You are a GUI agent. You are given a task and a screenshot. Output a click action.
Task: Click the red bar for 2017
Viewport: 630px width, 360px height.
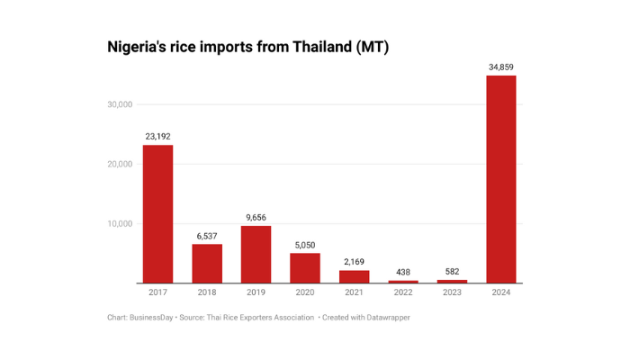coord(157,214)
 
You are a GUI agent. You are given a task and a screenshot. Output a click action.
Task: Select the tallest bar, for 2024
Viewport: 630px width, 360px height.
coord(501,179)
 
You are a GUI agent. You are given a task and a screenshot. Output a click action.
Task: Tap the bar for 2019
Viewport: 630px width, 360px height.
coord(256,254)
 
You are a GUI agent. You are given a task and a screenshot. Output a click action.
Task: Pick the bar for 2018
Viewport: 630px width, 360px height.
coord(207,264)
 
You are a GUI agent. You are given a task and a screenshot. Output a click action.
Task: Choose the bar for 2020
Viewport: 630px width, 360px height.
coord(304,268)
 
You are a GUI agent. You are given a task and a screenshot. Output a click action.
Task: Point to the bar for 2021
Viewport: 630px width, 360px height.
coord(354,276)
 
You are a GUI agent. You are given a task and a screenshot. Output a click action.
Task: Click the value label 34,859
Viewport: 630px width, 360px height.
coord(501,67)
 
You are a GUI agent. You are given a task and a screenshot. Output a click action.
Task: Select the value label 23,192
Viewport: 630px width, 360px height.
coord(157,137)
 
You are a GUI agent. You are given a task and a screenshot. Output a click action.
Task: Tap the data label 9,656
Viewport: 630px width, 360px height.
coord(256,217)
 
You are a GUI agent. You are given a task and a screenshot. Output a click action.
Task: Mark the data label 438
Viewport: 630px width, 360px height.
coord(403,272)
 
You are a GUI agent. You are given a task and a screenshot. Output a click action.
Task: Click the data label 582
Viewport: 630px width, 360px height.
coord(452,272)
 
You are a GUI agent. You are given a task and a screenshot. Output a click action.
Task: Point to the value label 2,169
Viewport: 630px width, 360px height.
coord(354,262)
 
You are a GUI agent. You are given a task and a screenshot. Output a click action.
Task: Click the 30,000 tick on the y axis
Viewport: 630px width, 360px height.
coord(120,104)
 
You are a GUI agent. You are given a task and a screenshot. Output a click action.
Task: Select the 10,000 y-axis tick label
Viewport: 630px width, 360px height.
coord(120,224)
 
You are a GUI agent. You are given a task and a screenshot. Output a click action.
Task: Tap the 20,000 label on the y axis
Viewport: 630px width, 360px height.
coord(120,164)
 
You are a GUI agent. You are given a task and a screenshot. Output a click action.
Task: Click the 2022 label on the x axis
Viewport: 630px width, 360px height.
coord(403,292)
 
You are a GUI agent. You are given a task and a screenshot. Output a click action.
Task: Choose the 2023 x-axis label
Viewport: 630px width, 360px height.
coord(452,292)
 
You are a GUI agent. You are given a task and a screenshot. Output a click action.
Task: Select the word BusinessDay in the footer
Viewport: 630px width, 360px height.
coord(153,317)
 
